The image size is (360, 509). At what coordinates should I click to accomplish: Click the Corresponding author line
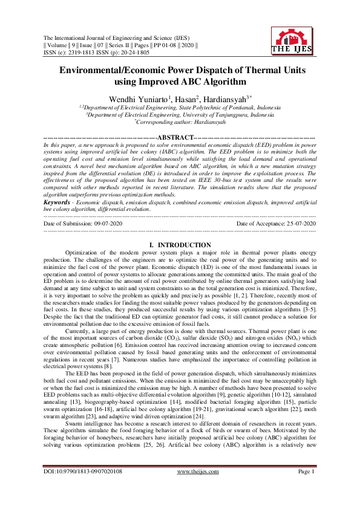pos(180,122)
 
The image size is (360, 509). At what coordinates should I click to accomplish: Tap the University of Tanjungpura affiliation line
pos(180,114)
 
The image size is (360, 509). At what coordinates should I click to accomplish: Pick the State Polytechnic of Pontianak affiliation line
pos(180,107)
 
